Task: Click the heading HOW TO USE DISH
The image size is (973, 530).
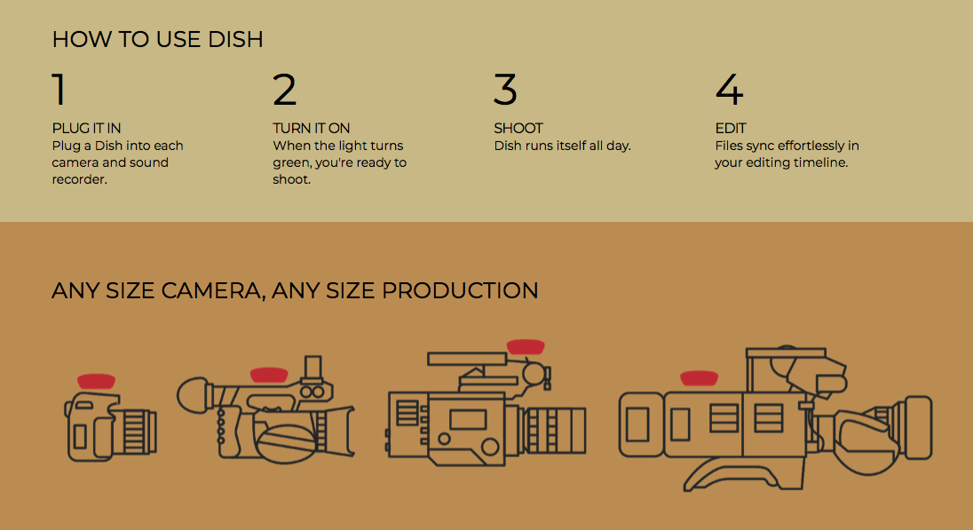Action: pos(157,39)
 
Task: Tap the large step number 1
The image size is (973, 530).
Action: pos(59,90)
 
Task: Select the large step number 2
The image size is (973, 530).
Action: pos(284,90)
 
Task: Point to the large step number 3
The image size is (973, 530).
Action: pos(505,90)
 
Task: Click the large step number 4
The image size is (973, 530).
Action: pos(729,90)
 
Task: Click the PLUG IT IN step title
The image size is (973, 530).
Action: pos(86,128)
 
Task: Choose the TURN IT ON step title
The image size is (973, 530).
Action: pos(312,128)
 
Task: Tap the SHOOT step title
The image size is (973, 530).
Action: pos(518,128)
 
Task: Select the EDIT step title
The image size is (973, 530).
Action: pos(731,128)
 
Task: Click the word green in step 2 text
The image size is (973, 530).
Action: pos(291,162)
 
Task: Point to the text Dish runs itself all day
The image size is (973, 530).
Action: pos(562,146)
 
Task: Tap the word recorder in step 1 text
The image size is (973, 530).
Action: pos(79,179)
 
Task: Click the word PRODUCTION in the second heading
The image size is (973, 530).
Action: pos(460,290)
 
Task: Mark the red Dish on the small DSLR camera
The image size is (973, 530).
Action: pos(96,380)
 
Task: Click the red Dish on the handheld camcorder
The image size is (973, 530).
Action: pos(268,375)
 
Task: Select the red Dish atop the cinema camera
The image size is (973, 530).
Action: pos(525,346)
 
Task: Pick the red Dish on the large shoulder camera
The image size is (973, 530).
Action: pos(699,378)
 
